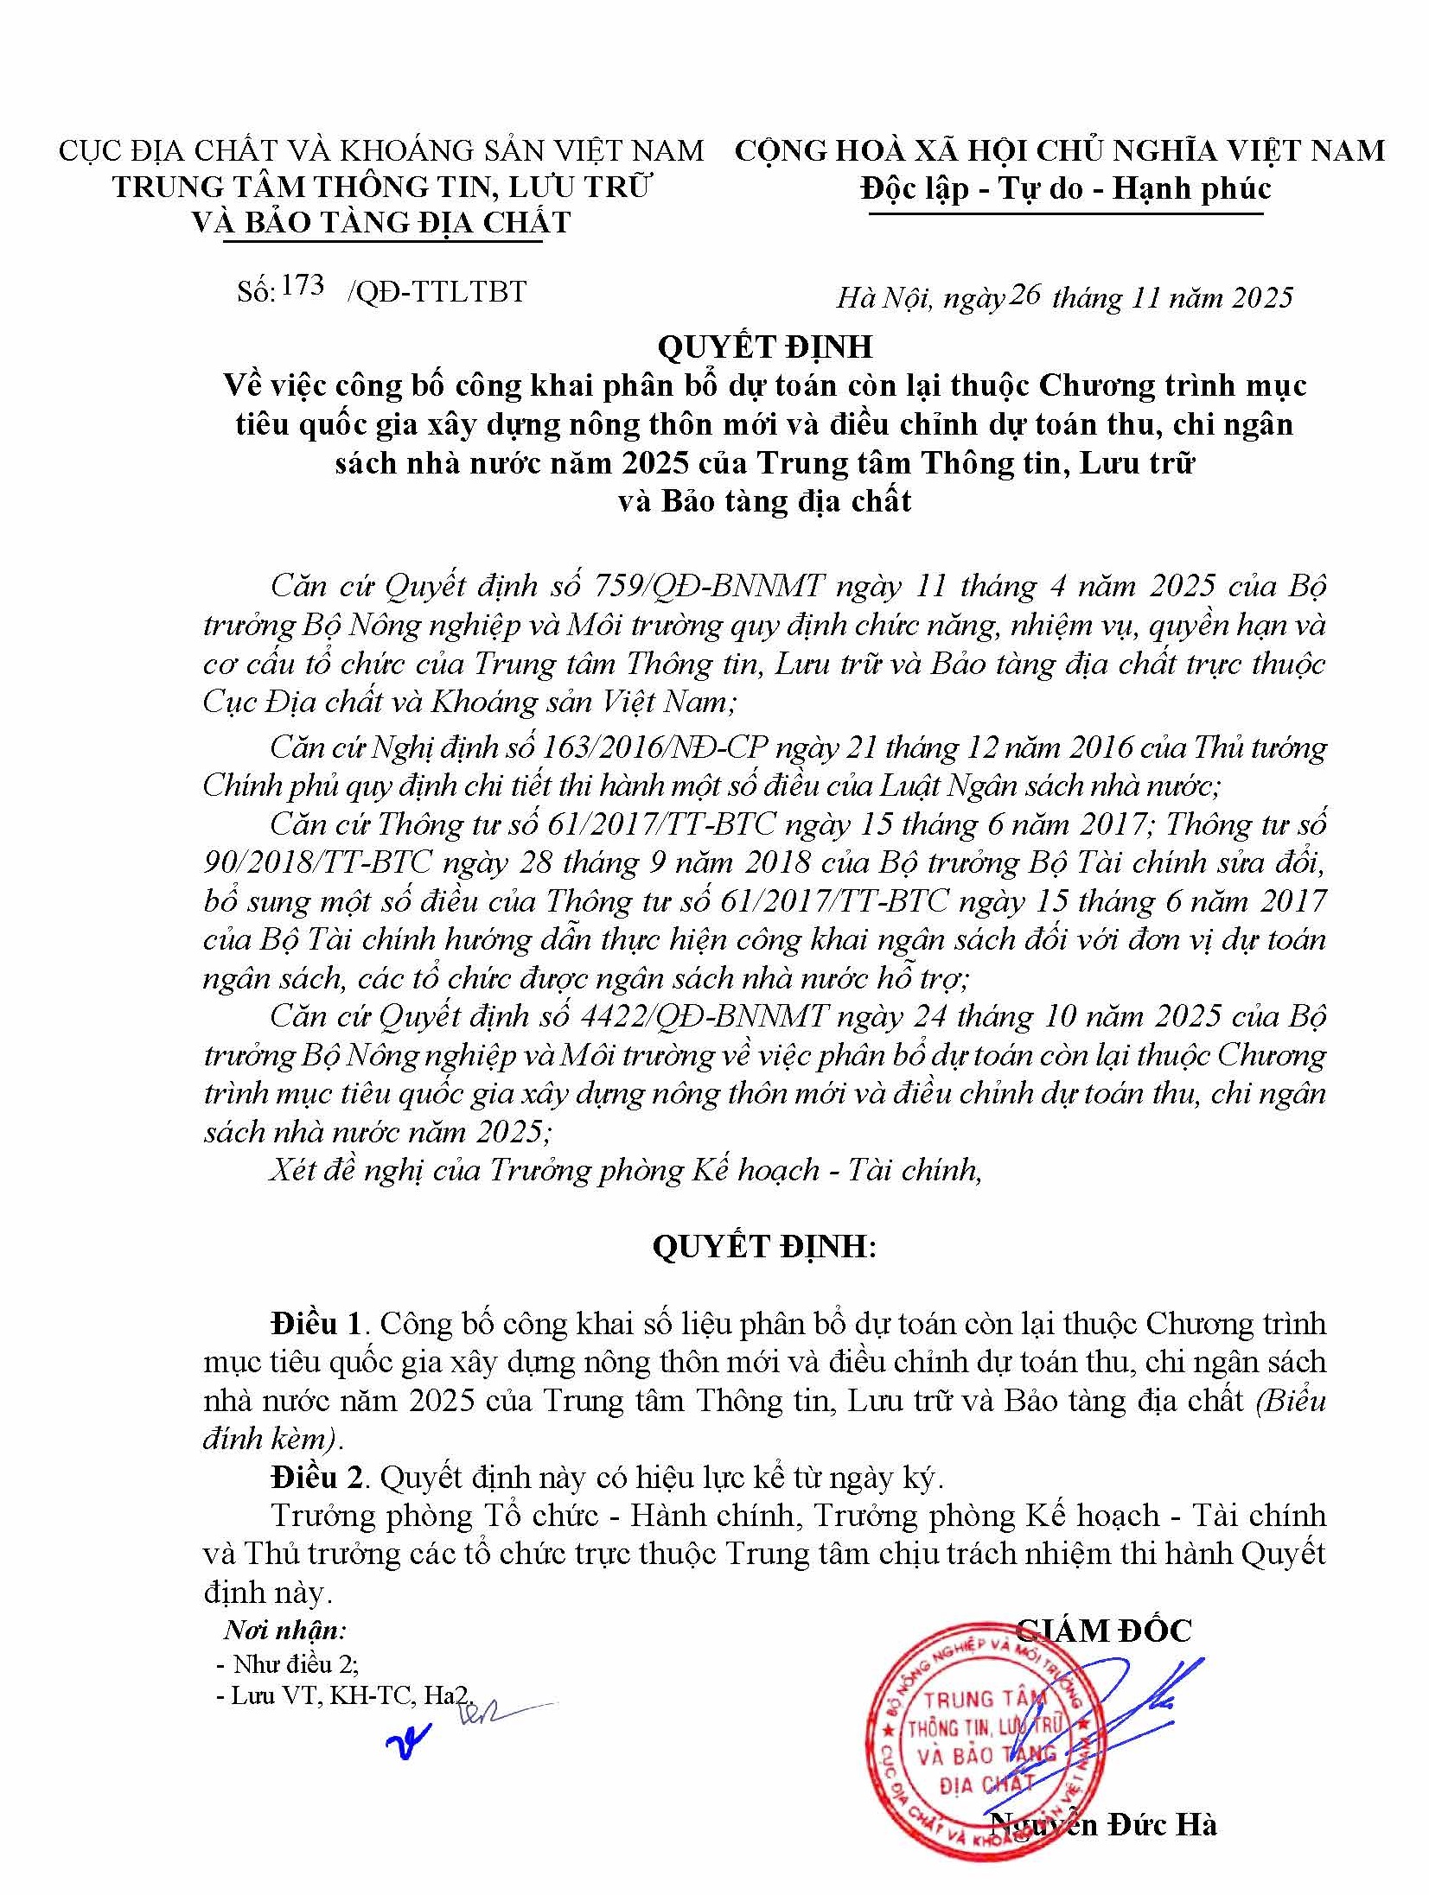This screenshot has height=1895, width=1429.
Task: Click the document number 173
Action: pos(303,286)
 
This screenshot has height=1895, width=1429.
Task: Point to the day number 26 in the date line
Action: pos(1024,295)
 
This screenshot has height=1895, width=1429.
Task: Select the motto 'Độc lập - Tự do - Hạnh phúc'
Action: pos(1066,189)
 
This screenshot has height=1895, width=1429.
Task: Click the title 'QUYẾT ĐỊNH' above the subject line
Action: pos(764,347)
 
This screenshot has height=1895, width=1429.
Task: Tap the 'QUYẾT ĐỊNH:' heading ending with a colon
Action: pos(763,1247)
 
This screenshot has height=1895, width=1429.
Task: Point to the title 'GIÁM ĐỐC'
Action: pos(1103,1631)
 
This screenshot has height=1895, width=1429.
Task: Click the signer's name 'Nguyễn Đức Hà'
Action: pos(1103,1824)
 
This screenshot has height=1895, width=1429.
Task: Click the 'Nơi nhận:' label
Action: pos(284,1631)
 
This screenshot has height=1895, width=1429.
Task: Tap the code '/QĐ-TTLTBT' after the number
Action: pos(437,292)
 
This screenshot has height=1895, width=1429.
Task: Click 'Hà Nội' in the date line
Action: pos(884,298)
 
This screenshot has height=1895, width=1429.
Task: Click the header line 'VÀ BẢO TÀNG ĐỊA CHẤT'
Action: pos(382,223)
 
